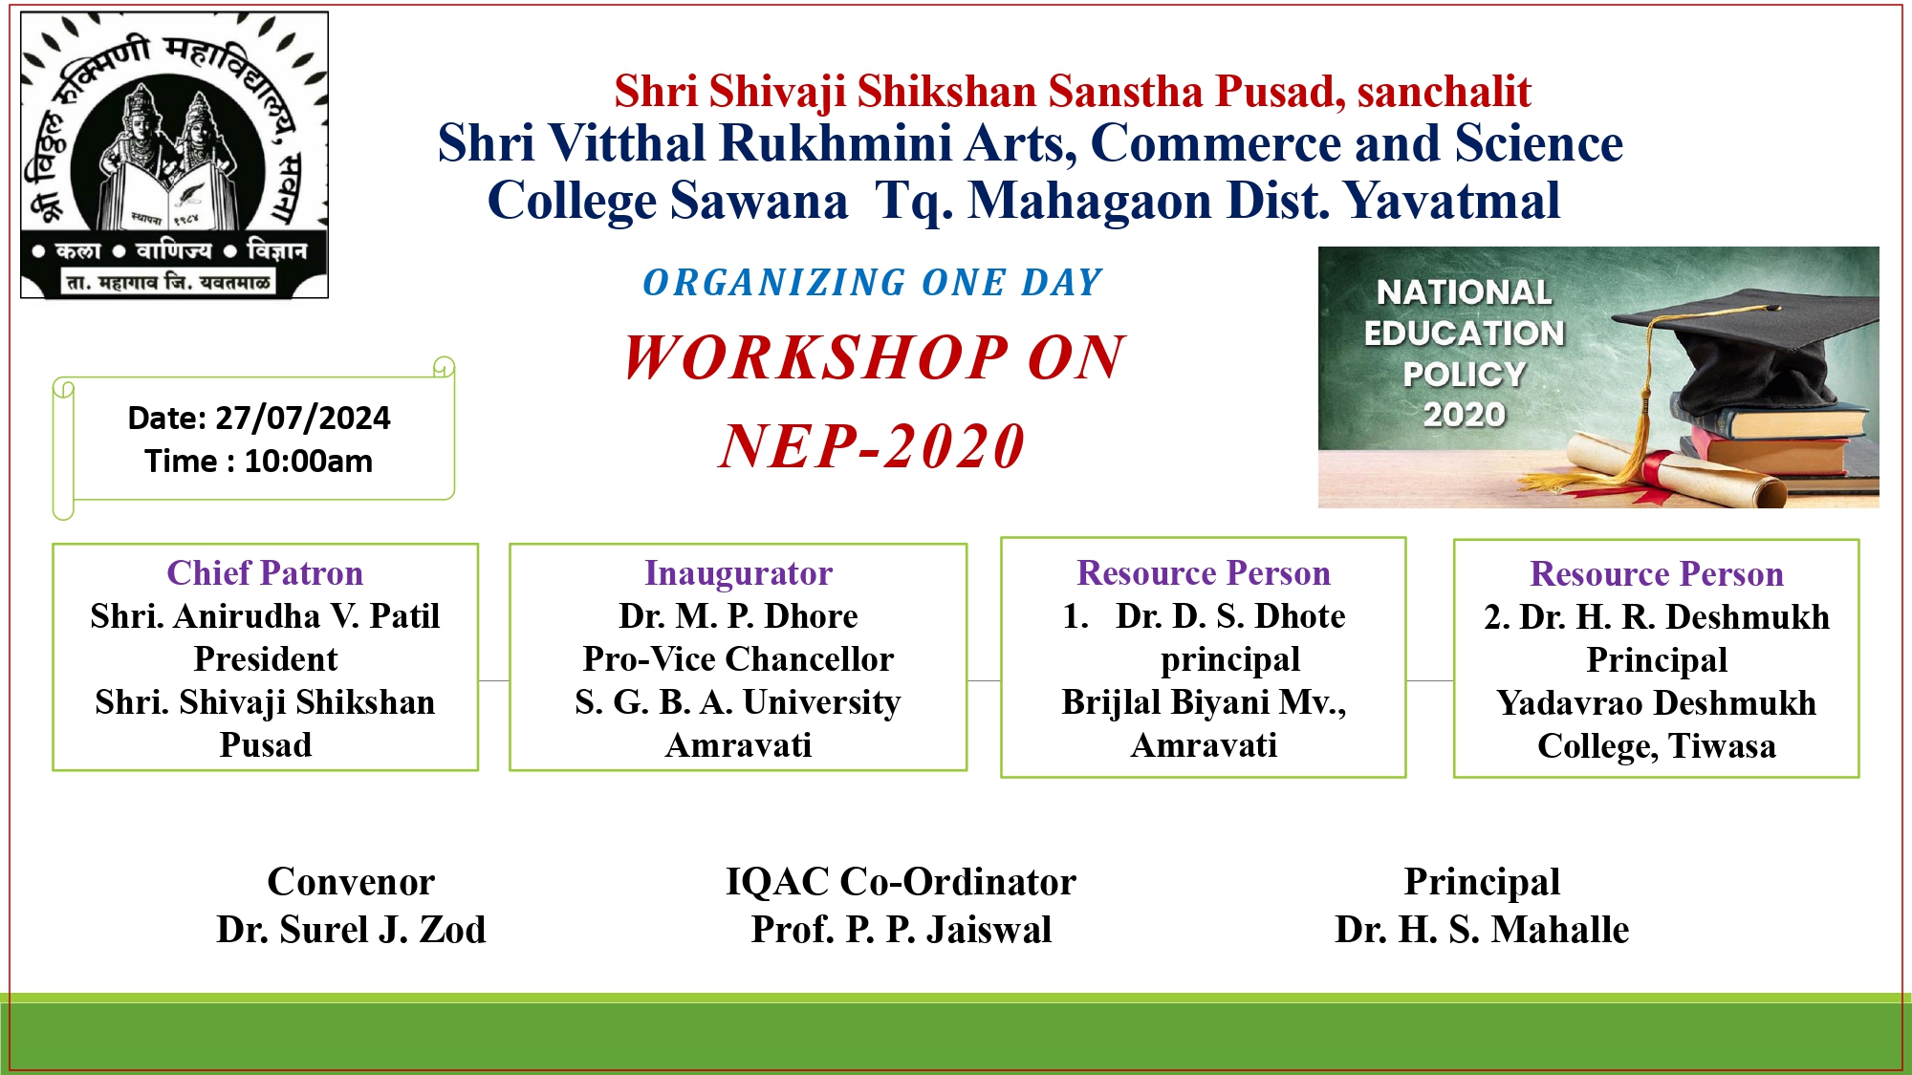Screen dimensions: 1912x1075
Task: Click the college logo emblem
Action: [x=175, y=155]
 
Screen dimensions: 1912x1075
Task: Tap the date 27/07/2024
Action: [x=303, y=419]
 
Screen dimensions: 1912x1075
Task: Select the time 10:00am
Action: [x=309, y=462]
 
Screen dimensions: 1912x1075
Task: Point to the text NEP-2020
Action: [x=872, y=446]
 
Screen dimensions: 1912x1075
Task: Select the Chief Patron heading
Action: [x=265, y=573]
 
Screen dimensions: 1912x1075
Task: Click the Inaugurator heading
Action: [x=738, y=573]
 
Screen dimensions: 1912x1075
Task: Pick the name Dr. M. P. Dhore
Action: [x=738, y=616]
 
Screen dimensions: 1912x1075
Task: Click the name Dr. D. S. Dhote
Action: [x=1230, y=616]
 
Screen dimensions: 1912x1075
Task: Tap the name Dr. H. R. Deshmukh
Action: [x=1674, y=617]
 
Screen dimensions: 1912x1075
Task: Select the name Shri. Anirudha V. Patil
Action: [x=265, y=616]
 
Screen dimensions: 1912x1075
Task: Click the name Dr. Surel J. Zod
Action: [x=351, y=930]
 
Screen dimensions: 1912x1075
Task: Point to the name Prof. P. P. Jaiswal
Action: [x=902, y=930]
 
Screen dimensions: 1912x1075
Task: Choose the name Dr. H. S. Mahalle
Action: [x=1482, y=930]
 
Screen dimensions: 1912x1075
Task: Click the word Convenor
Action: [x=351, y=882]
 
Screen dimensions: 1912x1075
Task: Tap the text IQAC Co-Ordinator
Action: [x=902, y=882]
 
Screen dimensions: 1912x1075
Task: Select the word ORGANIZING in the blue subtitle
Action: [x=774, y=283]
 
